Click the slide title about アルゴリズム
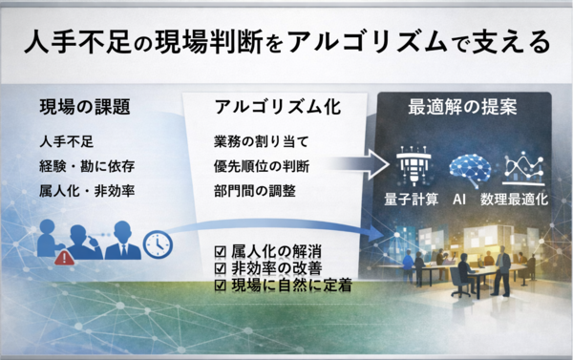pos(286,43)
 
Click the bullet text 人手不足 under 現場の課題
pos(67,141)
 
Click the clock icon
pos(157,244)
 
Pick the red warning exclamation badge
pos(63,257)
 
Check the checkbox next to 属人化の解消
pos(223,250)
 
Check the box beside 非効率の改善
pos(223,267)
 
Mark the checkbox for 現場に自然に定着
pos(223,285)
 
